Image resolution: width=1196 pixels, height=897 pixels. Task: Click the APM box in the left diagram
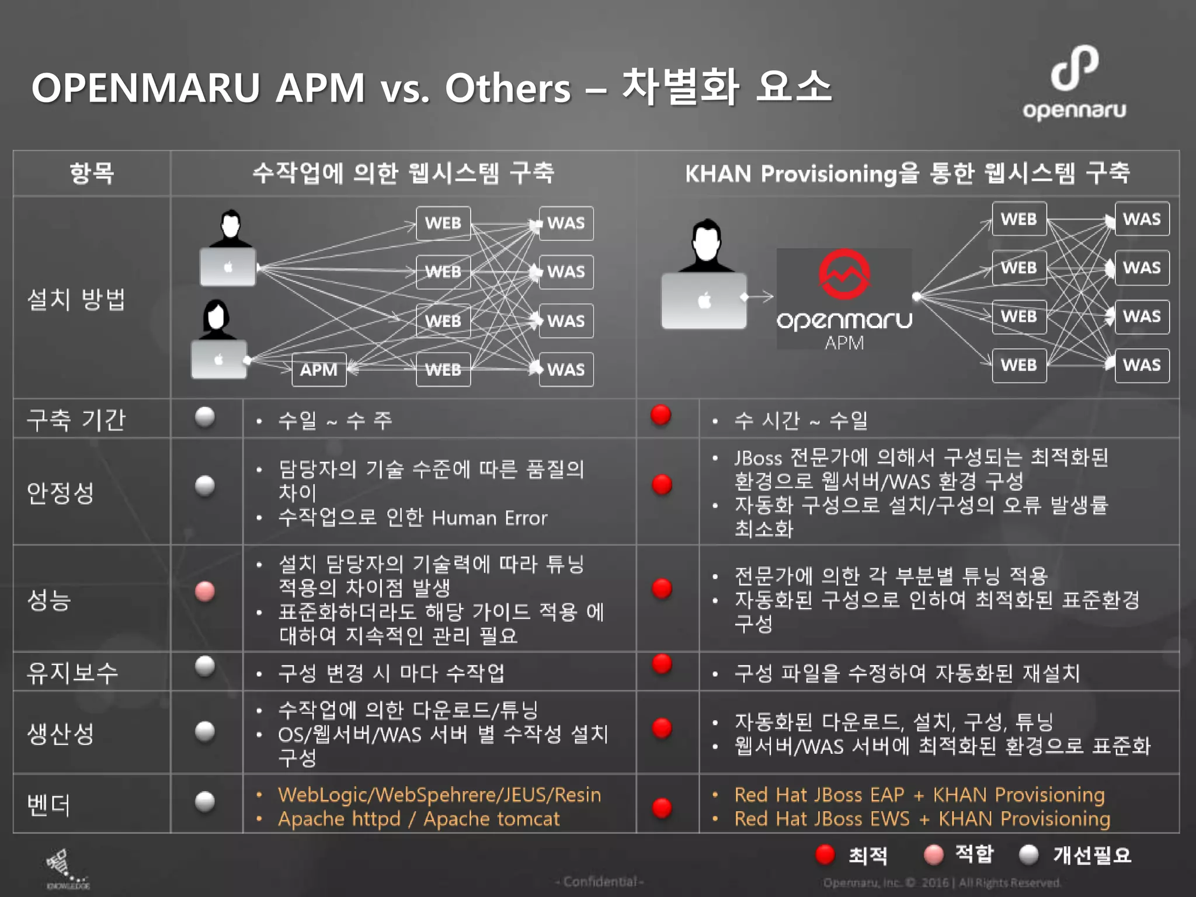point(319,369)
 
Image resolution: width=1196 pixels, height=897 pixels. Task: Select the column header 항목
point(92,173)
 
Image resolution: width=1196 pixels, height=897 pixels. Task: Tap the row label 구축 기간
point(76,419)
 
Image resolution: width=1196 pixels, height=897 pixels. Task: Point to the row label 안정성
point(61,492)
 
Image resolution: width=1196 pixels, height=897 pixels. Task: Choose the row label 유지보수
point(72,672)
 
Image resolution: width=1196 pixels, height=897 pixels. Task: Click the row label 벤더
point(49,805)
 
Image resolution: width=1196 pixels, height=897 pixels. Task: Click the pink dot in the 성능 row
point(204,591)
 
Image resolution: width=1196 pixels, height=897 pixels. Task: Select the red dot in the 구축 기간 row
point(661,415)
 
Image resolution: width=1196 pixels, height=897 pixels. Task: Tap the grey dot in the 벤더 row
point(204,801)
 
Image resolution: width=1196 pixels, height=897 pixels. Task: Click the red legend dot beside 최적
point(825,854)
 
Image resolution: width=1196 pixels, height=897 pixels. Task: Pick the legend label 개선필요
point(1092,855)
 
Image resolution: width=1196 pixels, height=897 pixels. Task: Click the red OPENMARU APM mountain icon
point(844,274)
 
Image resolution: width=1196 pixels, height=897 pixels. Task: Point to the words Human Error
point(489,518)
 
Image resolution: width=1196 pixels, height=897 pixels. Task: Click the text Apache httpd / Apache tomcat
point(418,819)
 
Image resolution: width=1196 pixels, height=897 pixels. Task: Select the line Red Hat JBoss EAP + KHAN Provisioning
point(919,795)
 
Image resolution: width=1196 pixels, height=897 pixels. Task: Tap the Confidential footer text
point(600,881)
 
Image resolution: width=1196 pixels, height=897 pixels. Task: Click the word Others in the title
point(507,88)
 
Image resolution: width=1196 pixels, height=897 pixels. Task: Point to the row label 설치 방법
point(76,299)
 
